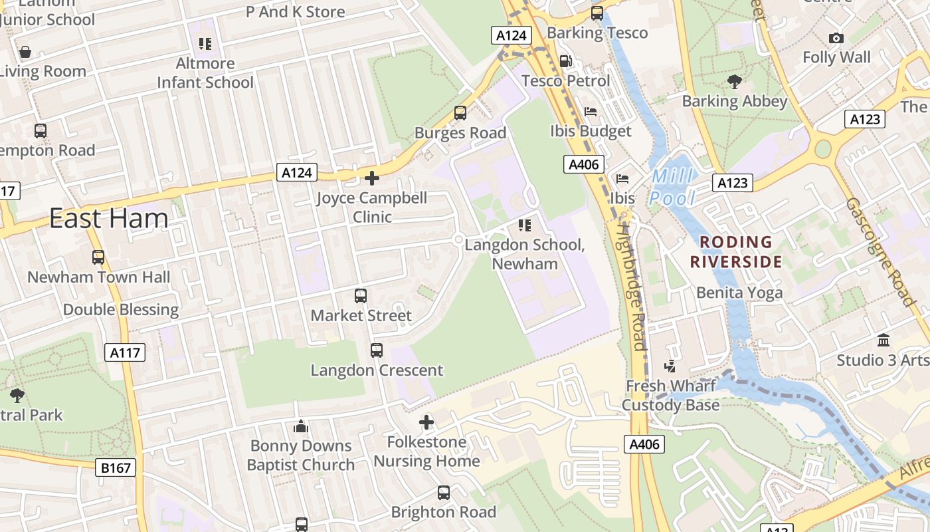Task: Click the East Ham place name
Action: pos(109,218)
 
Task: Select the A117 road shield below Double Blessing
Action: pos(125,352)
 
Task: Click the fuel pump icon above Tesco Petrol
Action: pos(565,61)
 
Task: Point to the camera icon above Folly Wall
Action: pos(836,39)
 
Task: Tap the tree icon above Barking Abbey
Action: pos(734,82)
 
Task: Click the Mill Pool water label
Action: pos(672,188)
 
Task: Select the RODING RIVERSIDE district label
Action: pos(735,251)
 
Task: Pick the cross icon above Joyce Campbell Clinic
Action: pos(372,178)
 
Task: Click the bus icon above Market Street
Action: pos(361,296)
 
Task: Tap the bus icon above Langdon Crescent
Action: pos(377,350)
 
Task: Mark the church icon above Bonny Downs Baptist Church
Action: pos(301,426)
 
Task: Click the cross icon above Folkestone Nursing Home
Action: pos(426,422)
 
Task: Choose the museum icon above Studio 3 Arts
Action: pos(883,340)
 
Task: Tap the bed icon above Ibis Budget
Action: pos(591,112)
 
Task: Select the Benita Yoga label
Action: pos(739,293)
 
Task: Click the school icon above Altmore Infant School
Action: pos(205,44)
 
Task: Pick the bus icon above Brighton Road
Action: pos(444,493)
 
